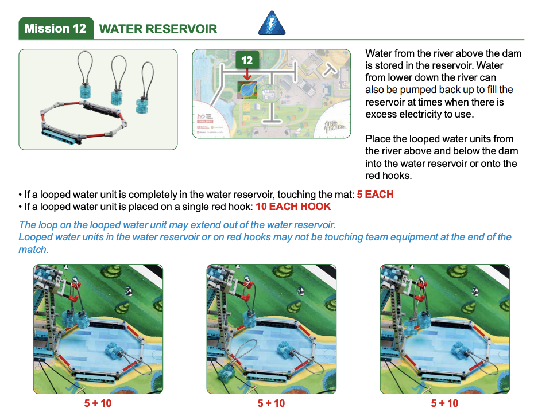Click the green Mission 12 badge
pos(56,28)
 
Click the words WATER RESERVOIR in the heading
pos(158,29)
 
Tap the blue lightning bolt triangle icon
pos(272,23)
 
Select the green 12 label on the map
pos(247,60)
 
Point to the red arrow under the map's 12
pos(247,75)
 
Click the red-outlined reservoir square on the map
pos(247,90)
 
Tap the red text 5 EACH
pos(375,195)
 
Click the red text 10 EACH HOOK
pos(293,207)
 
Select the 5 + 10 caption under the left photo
pos(98,403)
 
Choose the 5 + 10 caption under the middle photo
pos(271,403)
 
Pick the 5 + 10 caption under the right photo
pos(444,403)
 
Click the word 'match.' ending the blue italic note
pos(33,250)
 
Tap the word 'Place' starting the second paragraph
pos(378,139)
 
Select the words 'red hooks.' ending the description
pos(389,176)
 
